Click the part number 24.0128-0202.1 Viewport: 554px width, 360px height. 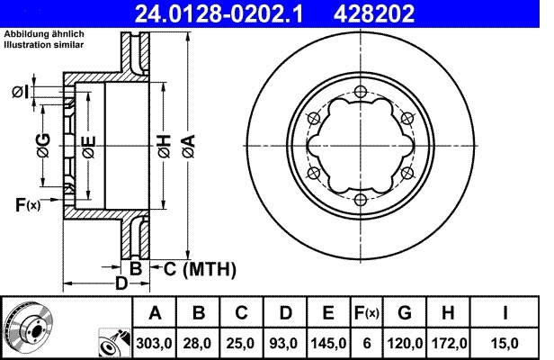(219, 13)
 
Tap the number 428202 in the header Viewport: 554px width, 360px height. (374, 13)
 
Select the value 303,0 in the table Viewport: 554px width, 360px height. (155, 343)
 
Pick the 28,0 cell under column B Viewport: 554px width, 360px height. (197, 343)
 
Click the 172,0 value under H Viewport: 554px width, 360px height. (449, 343)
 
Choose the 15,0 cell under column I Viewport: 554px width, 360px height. (505, 343)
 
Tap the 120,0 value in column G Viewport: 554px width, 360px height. (406, 343)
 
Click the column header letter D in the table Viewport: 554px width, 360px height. (285, 313)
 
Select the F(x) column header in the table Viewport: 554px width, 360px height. (367, 313)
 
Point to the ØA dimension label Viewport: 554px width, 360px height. (190, 146)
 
